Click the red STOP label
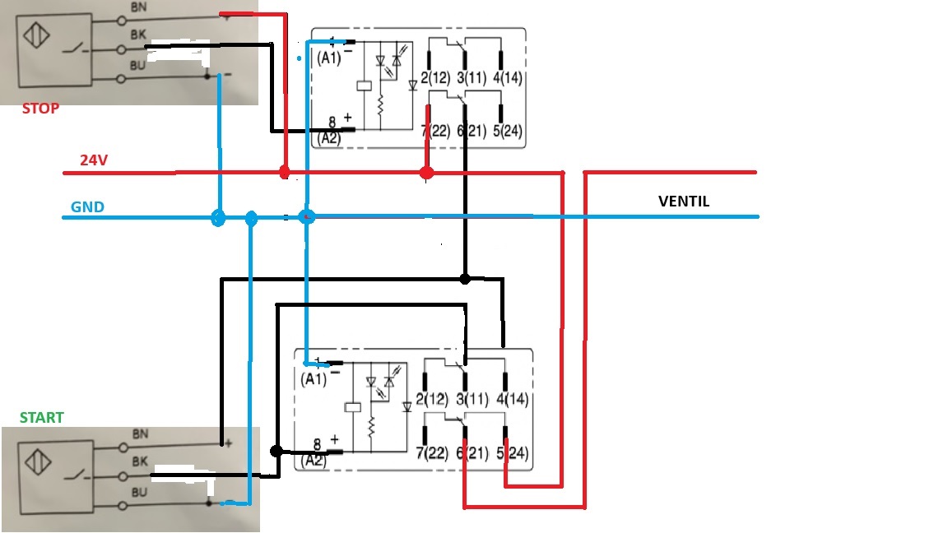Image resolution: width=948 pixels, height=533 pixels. click(40, 109)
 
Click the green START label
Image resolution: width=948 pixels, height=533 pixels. click(42, 418)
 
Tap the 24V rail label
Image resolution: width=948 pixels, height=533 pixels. click(94, 161)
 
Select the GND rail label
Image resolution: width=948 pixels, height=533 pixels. click(87, 207)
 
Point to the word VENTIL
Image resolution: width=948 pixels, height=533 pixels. click(684, 202)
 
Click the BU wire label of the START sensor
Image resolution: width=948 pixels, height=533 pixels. click(139, 493)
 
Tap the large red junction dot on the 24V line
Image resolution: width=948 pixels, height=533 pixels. click(426, 173)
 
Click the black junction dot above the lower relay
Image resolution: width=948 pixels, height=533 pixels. click(464, 279)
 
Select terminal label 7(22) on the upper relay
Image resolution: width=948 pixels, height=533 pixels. click(435, 131)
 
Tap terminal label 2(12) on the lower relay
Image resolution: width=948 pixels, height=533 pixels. click(432, 401)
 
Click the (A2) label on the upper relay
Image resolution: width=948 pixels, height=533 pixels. click(329, 137)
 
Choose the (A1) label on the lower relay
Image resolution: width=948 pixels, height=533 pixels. click(314, 379)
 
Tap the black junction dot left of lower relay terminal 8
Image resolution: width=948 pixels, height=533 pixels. click(276, 451)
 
